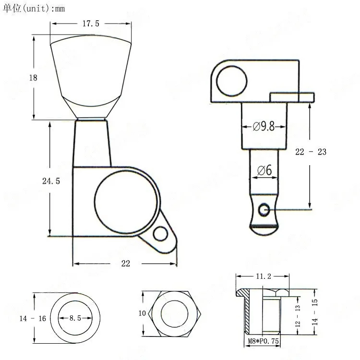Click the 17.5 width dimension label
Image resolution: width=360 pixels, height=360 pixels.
pos(91,24)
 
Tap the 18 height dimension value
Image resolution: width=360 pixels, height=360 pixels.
pos(33,78)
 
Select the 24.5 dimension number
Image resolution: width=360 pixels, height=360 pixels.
pos(51,181)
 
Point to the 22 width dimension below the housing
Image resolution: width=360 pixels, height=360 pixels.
pos(126,264)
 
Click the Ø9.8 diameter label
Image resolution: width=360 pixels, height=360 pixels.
pos(264,126)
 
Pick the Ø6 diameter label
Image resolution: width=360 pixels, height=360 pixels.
pos(264,170)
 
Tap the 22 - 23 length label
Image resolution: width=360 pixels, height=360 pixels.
pos(311,152)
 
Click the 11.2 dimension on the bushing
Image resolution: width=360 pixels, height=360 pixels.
pos(264,276)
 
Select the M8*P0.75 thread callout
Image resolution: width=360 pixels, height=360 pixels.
pos(263,341)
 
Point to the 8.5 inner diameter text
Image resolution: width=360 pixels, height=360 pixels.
pos(75,318)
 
